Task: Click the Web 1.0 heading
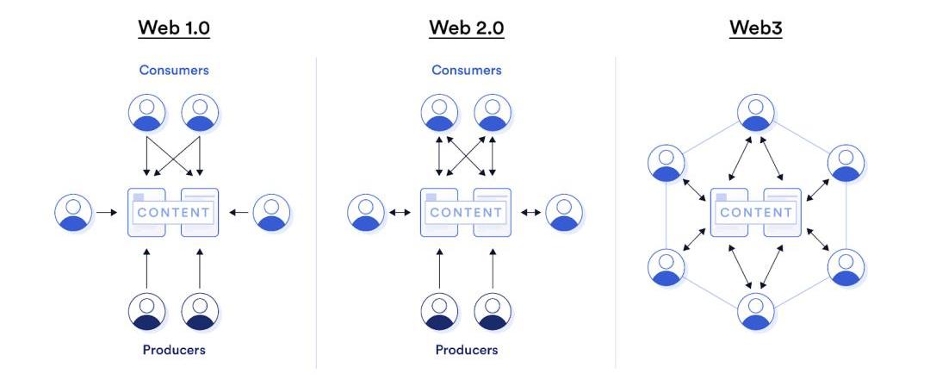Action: point(174,28)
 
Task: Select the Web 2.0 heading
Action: point(467,28)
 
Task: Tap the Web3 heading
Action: point(755,28)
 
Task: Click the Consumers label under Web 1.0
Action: point(174,70)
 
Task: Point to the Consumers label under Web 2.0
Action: point(467,70)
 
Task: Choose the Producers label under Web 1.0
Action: point(174,350)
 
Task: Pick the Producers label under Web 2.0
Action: point(467,350)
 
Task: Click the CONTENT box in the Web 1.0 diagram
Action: point(173,212)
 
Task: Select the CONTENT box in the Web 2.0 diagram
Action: point(466,212)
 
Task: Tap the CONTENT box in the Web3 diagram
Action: point(756,212)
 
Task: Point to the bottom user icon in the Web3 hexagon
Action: point(756,311)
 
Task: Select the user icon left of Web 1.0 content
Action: point(73,212)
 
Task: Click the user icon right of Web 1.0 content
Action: point(272,212)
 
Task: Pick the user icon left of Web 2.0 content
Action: point(366,212)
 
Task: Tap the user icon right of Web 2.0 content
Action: point(565,212)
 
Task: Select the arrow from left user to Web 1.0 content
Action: point(108,212)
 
